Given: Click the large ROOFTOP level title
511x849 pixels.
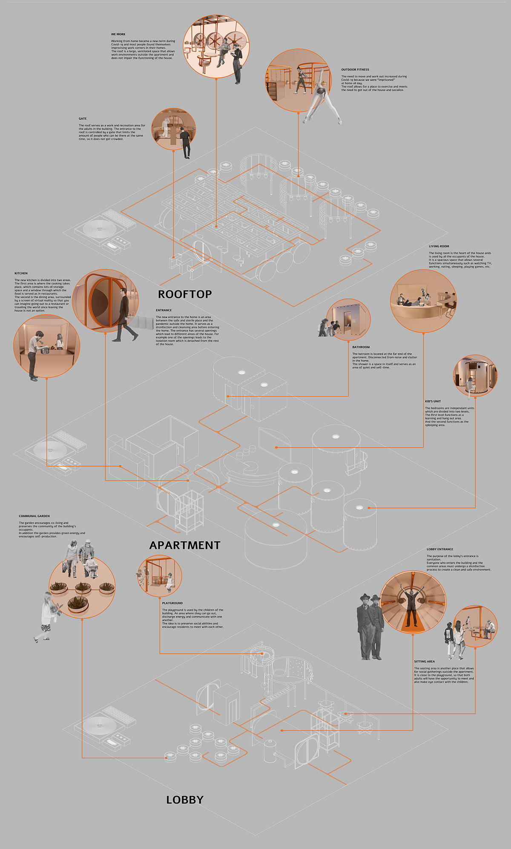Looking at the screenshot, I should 185,294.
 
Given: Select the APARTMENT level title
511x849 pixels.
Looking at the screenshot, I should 185,545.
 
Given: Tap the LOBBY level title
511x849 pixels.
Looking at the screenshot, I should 185,800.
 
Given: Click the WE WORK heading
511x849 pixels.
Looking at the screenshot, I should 118,35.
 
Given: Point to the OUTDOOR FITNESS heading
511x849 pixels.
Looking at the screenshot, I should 355,69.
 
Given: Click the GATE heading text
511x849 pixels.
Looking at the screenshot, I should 83,119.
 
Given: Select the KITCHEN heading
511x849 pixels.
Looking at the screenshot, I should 21,273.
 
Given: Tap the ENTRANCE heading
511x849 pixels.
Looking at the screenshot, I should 164,310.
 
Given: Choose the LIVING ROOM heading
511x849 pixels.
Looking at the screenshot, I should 439,246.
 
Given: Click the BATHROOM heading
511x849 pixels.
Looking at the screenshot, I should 361,347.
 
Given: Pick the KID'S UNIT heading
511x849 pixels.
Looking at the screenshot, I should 433,401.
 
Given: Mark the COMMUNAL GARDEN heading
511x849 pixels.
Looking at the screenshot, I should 34,516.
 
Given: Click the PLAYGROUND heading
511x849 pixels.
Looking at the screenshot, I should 172,603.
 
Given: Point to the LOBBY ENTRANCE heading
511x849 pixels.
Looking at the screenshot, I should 440,550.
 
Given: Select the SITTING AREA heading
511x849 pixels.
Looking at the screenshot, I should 424,662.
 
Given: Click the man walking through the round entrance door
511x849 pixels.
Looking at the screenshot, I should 124,315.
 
